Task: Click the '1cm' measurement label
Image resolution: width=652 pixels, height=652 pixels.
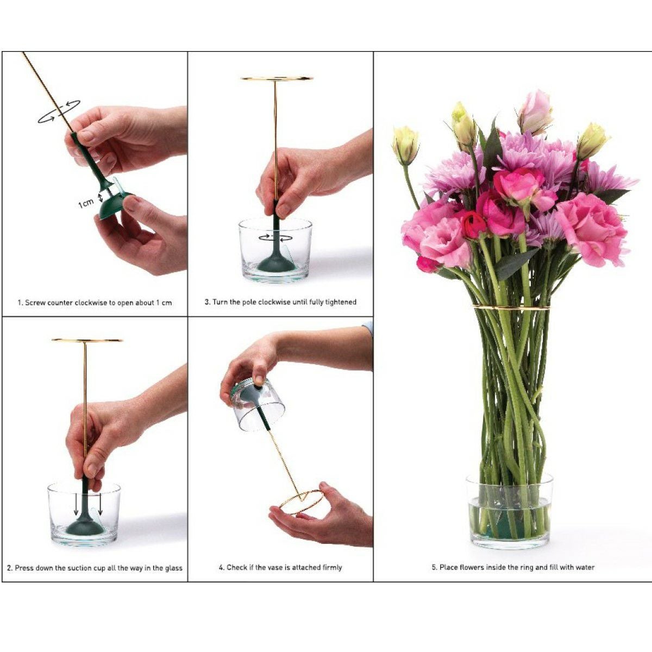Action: coord(86,203)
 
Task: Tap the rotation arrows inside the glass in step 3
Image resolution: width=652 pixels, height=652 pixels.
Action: coord(275,237)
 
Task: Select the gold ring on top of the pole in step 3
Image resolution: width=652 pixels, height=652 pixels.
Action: coord(277,78)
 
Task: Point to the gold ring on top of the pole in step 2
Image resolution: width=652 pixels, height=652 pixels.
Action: coord(87,340)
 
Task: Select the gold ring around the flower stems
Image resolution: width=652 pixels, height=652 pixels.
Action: coord(511,307)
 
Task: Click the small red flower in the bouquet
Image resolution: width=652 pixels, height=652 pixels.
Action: coord(473,224)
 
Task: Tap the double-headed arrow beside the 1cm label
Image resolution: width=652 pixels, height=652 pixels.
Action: coord(101,197)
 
